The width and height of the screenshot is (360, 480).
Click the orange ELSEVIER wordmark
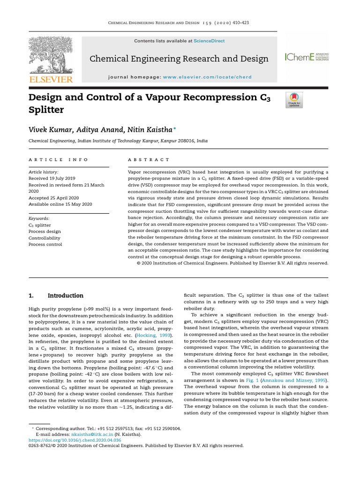click(51, 80)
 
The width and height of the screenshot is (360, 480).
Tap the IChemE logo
click(307, 57)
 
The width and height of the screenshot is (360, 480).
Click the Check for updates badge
click(294, 100)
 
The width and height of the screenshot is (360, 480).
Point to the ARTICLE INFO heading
click(59, 160)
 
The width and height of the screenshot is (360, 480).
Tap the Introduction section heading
click(66, 296)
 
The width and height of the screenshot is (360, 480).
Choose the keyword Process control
click(45, 245)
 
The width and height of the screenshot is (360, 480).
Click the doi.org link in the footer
click(75, 440)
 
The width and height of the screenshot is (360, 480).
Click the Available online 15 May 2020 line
click(60, 204)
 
